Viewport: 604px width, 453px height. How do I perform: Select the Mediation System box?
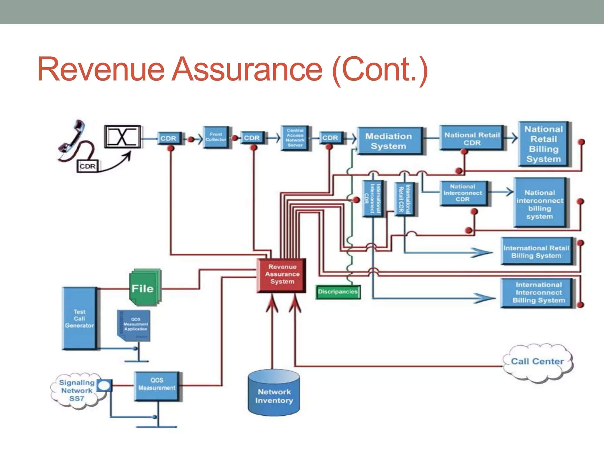coord(389,141)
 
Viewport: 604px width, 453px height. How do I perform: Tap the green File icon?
coord(144,288)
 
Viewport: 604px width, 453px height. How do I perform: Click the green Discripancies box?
coord(338,292)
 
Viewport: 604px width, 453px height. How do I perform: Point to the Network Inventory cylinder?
coord(274,394)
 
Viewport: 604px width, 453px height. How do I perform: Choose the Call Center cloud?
coord(537,362)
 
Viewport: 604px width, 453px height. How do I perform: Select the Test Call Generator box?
coord(79,319)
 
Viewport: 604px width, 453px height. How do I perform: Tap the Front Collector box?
coord(216,137)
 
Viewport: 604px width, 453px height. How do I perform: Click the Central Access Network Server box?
coord(295,138)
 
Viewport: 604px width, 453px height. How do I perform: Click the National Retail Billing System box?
coord(544,144)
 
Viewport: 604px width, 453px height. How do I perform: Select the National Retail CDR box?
coord(472,139)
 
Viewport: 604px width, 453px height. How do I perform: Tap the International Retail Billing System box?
coord(536,252)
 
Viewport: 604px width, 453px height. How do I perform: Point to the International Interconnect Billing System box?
coord(538,293)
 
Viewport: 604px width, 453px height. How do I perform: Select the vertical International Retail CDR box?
coord(404,199)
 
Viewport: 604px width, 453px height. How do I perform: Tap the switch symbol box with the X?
coord(122,137)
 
